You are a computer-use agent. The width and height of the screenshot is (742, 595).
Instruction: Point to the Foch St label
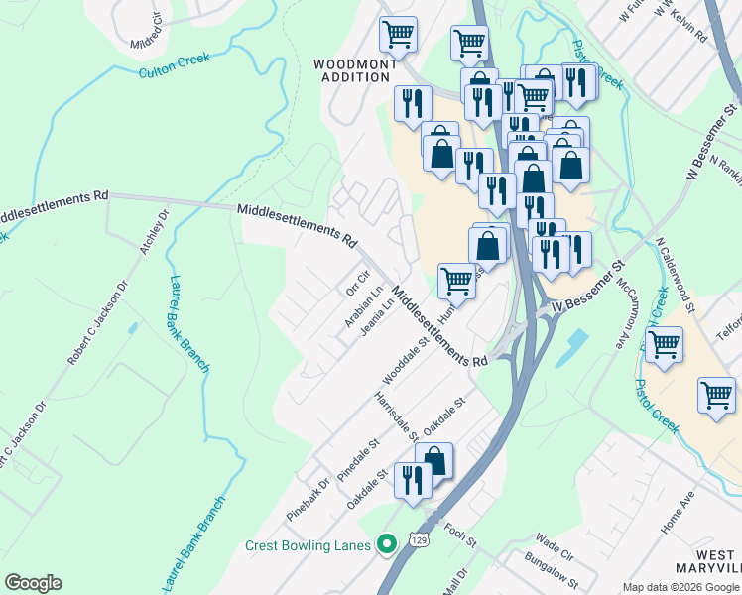(x=461, y=536)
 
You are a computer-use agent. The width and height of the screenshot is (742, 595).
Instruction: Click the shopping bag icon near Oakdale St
(x=433, y=459)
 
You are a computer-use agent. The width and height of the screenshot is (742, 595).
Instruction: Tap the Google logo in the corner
(x=33, y=583)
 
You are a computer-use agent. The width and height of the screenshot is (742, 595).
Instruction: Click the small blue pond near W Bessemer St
(x=574, y=344)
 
